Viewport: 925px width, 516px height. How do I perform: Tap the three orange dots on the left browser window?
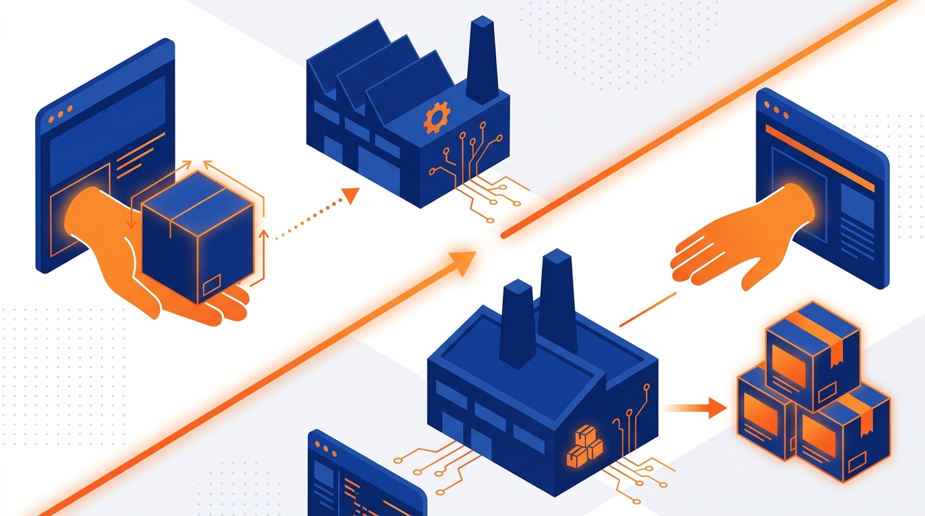click(61, 115)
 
